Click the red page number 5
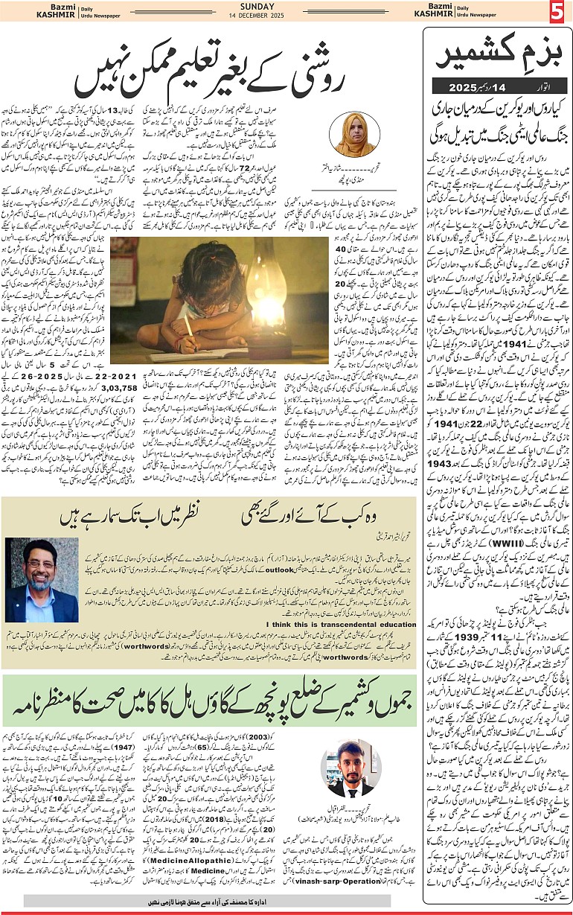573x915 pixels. pos(557,13)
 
